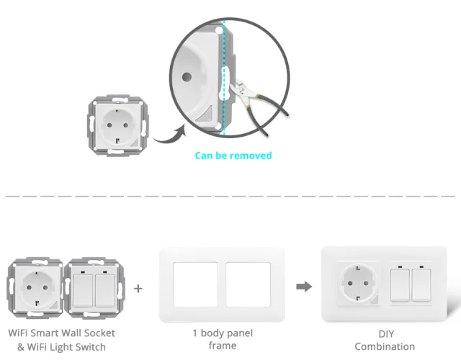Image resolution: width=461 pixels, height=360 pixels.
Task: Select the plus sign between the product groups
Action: point(138,289)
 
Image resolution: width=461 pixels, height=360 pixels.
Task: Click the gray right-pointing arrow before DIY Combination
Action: point(304,287)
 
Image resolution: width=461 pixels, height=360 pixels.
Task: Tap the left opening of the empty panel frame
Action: point(195,284)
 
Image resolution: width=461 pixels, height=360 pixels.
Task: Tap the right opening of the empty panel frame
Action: point(248,284)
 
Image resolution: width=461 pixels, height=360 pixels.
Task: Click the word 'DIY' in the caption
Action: point(386,334)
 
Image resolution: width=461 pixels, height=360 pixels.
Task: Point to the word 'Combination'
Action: point(385,347)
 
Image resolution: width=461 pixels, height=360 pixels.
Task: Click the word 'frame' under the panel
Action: point(223,346)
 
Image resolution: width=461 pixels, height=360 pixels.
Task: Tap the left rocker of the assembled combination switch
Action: point(400,285)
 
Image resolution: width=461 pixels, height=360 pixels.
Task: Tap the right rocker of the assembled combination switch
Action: point(421,285)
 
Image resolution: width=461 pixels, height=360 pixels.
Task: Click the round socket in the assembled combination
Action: point(358,284)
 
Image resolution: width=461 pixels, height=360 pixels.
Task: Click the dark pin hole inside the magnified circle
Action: point(187,77)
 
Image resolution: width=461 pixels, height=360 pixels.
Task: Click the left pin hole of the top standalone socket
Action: point(109,125)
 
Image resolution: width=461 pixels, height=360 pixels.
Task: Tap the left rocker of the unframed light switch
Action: point(83,291)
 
